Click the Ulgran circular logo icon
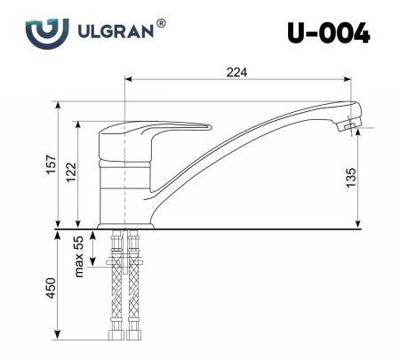tap(43, 34)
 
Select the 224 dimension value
tap(236, 71)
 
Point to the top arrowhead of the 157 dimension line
tap(59, 105)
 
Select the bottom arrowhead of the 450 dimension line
tap(59, 342)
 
